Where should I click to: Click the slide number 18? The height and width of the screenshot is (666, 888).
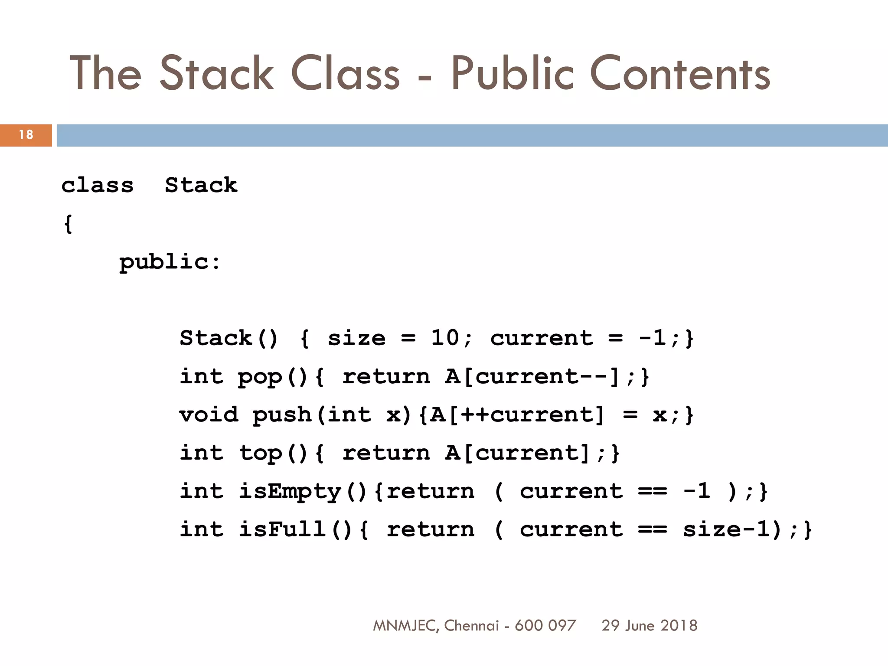pyautogui.click(x=26, y=135)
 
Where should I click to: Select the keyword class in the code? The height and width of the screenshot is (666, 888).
pyautogui.click(x=98, y=186)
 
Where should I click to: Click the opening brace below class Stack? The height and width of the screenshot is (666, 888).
pyautogui.click(x=68, y=224)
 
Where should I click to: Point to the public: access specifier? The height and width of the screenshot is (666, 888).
pyautogui.click(x=170, y=262)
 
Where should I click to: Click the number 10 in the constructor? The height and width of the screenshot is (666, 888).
pyautogui.click(x=445, y=338)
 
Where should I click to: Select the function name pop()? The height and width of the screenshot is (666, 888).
pyautogui.click(x=273, y=376)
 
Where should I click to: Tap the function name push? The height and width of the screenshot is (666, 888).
pyautogui.click(x=282, y=415)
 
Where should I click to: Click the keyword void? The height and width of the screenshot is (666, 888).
pyautogui.click(x=209, y=415)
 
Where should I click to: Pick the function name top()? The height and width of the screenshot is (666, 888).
pyautogui.click(x=273, y=453)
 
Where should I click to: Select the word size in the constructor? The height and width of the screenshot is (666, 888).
pyautogui.click(x=356, y=338)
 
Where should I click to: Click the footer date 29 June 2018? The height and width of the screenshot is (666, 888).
pyautogui.click(x=649, y=625)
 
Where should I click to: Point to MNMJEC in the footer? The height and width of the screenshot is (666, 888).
pyautogui.click(x=405, y=625)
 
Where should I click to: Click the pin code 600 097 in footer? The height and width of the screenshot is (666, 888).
pyautogui.click(x=545, y=625)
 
